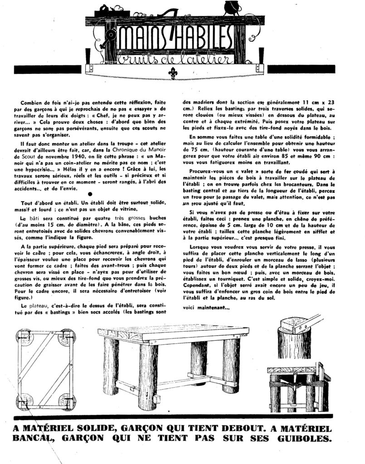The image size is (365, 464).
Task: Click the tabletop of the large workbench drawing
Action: tap(175, 333)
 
